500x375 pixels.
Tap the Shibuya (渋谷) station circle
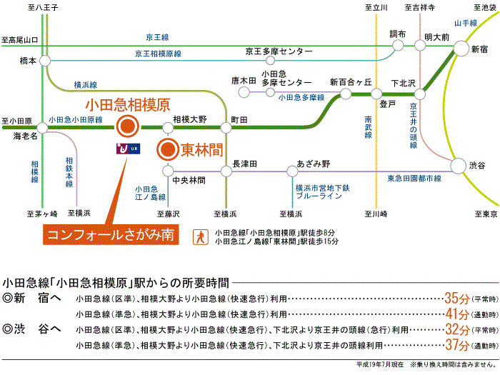click(456, 165)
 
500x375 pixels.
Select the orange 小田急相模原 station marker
click(128, 128)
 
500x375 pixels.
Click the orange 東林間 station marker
click(167, 150)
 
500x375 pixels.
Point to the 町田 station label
click(239, 119)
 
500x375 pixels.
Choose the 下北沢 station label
click(404, 83)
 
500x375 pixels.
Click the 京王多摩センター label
click(279, 52)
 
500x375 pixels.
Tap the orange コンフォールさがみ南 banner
click(110, 236)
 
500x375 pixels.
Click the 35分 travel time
click(456, 298)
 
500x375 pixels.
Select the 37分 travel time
click(456, 345)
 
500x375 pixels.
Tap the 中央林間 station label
click(189, 180)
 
